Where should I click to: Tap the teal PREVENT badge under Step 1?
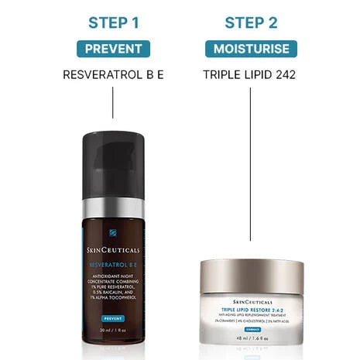point(113,49)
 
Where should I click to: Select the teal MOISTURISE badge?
point(251,49)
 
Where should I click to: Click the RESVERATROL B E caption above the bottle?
point(113,75)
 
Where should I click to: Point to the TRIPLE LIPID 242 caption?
point(251,75)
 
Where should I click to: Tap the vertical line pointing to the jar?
point(251,170)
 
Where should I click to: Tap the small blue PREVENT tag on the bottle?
point(113,318)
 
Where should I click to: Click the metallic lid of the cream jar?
point(251,275)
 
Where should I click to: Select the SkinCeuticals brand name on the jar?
point(251,302)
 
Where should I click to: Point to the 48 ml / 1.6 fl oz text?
point(251,338)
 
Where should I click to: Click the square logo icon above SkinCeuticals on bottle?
point(113,233)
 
